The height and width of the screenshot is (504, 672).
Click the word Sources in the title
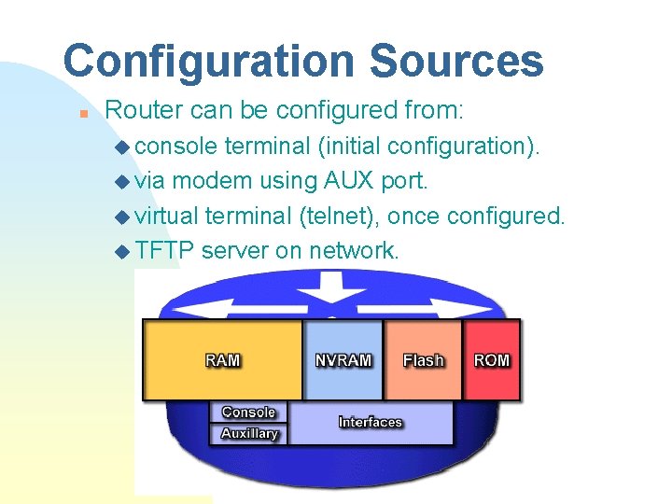(x=456, y=62)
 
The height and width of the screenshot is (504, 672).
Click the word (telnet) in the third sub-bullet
(x=338, y=216)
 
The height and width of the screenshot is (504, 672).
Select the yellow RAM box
(x=222, y=360)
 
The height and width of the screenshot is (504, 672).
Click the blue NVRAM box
(x=343, y=359)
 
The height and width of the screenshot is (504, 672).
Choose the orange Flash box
(x=423, y=359)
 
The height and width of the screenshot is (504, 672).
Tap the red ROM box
(x=492, y=359)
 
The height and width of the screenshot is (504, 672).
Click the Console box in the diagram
(x=249, y=412)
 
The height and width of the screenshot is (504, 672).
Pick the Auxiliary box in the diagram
(x=249, y=433)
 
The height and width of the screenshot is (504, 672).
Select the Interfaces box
(x=371, y=423)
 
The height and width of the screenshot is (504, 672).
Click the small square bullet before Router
(x=83, y=113)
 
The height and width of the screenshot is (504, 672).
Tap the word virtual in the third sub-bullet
(x=167, y=216)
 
